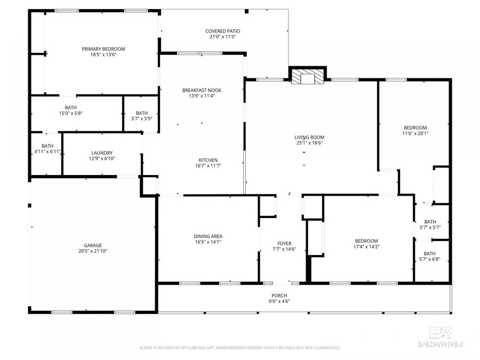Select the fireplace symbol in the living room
308,78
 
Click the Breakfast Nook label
201,90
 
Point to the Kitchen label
207,160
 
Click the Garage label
92,245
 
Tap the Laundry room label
101,152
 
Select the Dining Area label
207,236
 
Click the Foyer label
284,243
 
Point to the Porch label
279,295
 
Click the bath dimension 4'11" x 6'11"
47,152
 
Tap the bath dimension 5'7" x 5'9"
141,119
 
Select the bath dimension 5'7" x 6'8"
429,260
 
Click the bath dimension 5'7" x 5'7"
429,227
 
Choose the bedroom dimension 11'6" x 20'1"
415,134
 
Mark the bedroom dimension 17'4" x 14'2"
365,247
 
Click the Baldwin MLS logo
441,337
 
